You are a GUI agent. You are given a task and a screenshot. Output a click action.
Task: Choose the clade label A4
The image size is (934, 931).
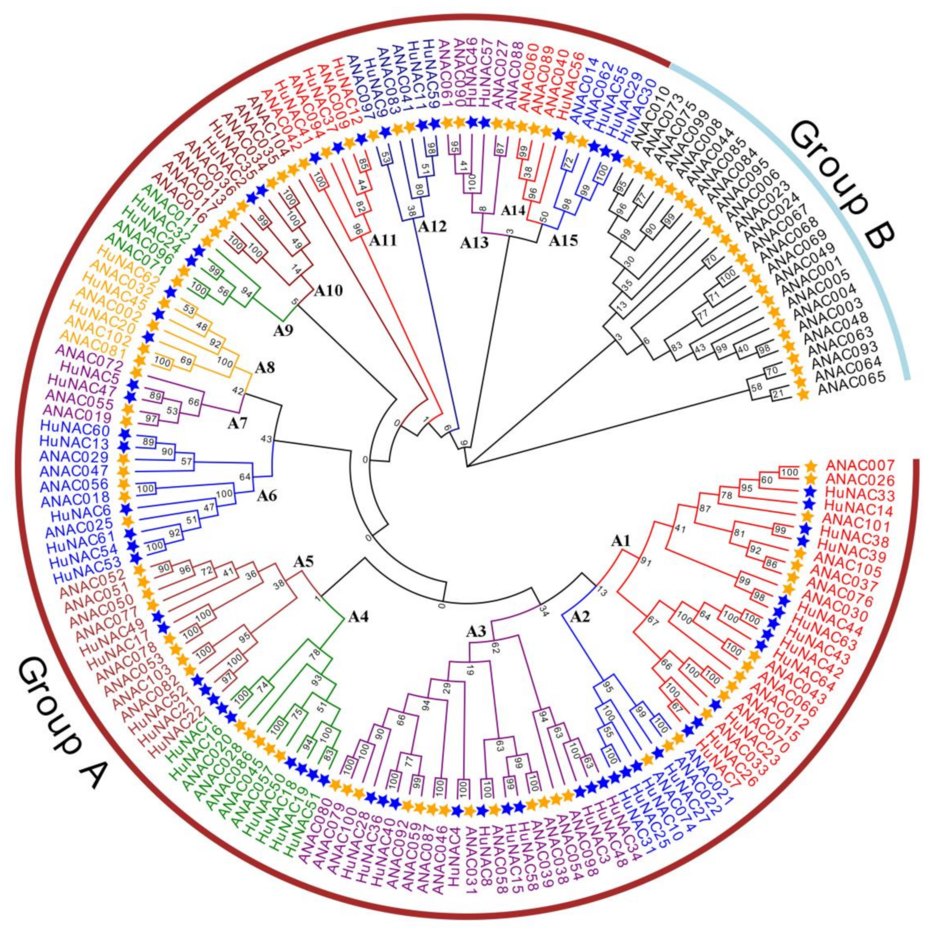tap(357, 617)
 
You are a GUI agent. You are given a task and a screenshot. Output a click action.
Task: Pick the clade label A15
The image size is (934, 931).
tap(563, 241)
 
